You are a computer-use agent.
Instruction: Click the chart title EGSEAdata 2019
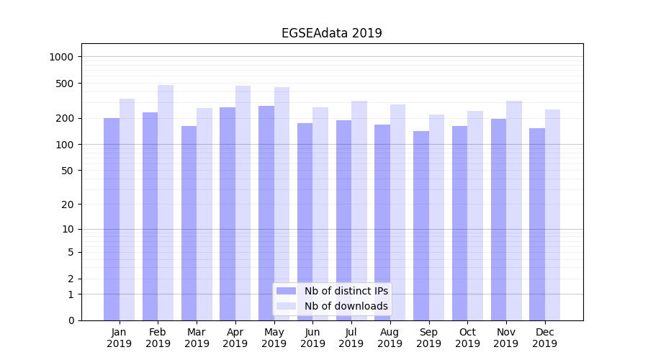[x=331, y=33]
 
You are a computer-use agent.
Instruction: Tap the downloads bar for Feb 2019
[x=166, y=202]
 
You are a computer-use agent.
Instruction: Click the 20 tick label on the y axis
[x=68, y=204]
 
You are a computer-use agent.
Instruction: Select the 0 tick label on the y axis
[x=71, y=320]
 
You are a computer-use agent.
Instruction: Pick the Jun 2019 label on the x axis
[x=312, y=338]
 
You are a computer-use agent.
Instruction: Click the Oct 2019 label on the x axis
[x=467, y=338]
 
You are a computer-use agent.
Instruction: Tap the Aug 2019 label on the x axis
[x=390, y=338]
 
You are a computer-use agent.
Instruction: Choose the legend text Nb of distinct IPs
[x=346, y=291]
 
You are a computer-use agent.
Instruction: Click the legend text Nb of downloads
[x=346, y=306]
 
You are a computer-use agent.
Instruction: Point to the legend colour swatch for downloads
[x=287, y=306]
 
